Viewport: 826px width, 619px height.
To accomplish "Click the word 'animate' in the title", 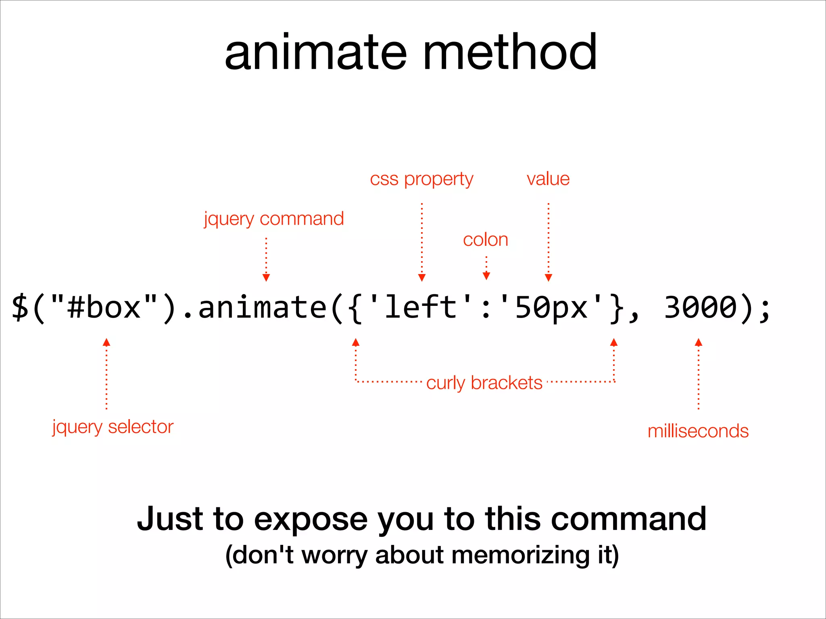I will tap(315, 53).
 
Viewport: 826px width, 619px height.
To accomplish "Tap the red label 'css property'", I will tap(421, 179).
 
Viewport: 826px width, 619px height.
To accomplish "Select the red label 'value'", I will tap(548, 179).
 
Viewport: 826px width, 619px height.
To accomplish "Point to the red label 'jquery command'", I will tap(274, 219).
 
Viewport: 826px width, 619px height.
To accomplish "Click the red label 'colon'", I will tap(486, 240).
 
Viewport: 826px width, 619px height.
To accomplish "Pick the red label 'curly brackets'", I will tap(484, 383).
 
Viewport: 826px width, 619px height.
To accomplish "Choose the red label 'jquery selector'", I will tap(113, 427).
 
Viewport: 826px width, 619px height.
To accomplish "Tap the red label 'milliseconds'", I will tap(698, 431).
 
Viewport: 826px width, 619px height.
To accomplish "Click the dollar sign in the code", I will tap(20, 307).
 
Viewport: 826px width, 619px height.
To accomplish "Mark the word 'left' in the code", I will tap(421, 307).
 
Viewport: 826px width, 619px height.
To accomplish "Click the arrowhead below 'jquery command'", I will tap(266, 278).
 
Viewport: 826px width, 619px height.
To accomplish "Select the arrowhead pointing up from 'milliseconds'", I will tap(699, 343).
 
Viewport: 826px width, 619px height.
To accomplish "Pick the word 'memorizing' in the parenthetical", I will tap(520, 555).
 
